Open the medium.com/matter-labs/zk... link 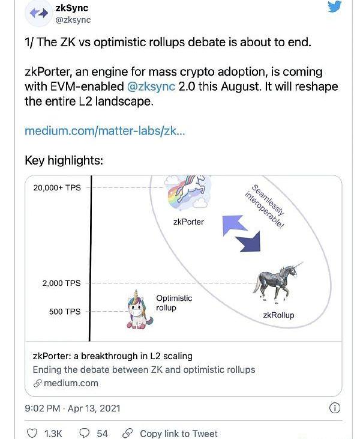(x=104, y=130)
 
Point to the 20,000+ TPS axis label (x=57, y=188)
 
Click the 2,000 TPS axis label (x=61, y=283)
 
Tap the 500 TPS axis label (x=65, y=311)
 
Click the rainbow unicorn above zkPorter (x=188, y=192)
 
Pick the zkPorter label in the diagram (x=188, y=222)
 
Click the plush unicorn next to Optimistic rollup (x=137, y=309)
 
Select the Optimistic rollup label (x=174, y=303)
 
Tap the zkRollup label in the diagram (x=278, y=315)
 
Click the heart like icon (x=32, y=433)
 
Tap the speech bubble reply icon (x=85, y=433)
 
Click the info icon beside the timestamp (x=335, y=408)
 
